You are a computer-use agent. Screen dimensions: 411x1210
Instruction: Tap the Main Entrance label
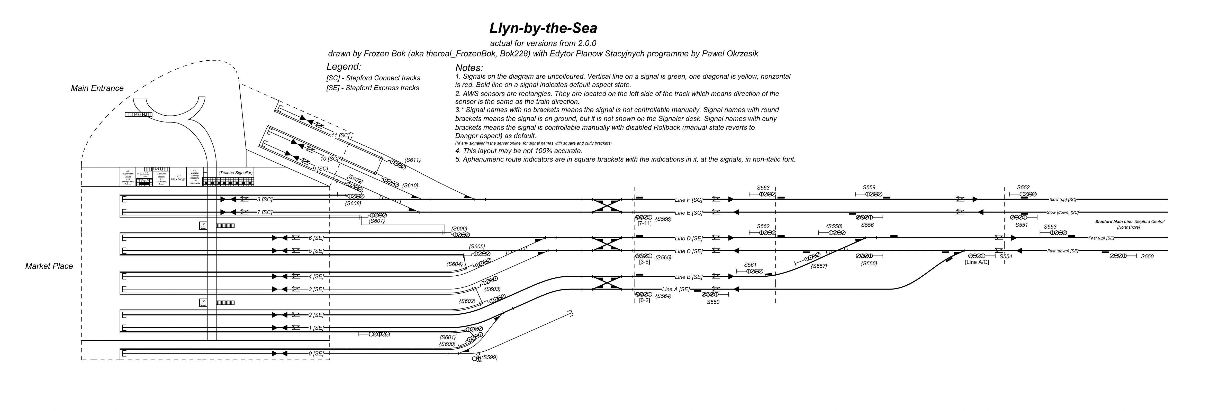pos(97,88)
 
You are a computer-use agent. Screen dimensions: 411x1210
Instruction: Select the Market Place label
pos(49,266)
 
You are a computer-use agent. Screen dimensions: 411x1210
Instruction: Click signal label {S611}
pos(412,160)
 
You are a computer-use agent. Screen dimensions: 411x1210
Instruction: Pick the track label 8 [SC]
pos(265,199)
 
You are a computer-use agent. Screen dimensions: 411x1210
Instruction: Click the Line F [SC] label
pos(689,200)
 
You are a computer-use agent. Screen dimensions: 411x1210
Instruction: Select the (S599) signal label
pos(490,358)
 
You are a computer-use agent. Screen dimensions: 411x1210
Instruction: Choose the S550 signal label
pos(1147,257)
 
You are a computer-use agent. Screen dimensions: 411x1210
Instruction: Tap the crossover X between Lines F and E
pos(607,206)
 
